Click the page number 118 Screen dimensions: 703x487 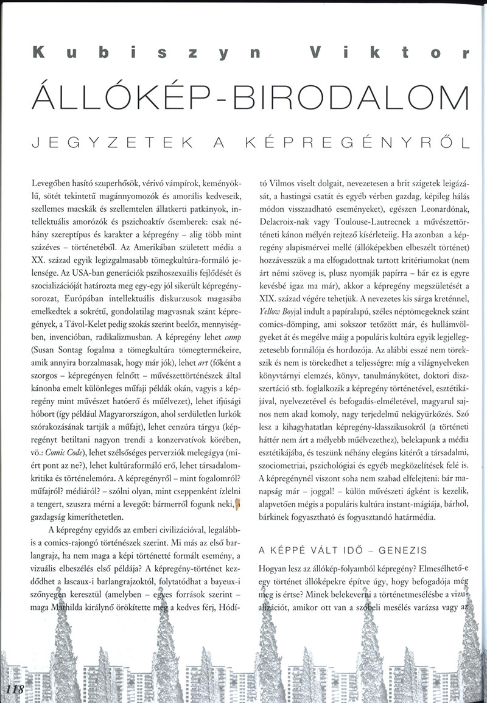tap(13, 689)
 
